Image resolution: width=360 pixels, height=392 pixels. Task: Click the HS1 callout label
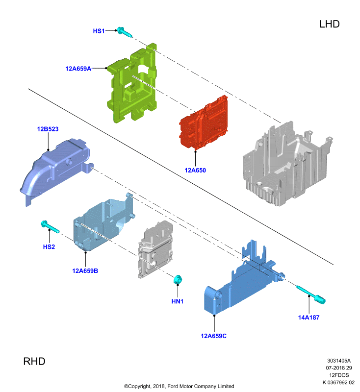99,31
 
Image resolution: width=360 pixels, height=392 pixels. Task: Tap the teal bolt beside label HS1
124,32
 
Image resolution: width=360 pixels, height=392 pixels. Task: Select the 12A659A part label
78,69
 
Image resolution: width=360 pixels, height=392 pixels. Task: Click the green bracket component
132,84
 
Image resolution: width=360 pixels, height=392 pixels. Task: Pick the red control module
204,123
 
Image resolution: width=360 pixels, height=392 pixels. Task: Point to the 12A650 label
195,170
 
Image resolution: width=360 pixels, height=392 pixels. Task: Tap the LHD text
330,24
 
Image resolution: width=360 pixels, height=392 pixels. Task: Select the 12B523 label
48,129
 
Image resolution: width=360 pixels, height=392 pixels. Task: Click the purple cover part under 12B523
55,170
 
